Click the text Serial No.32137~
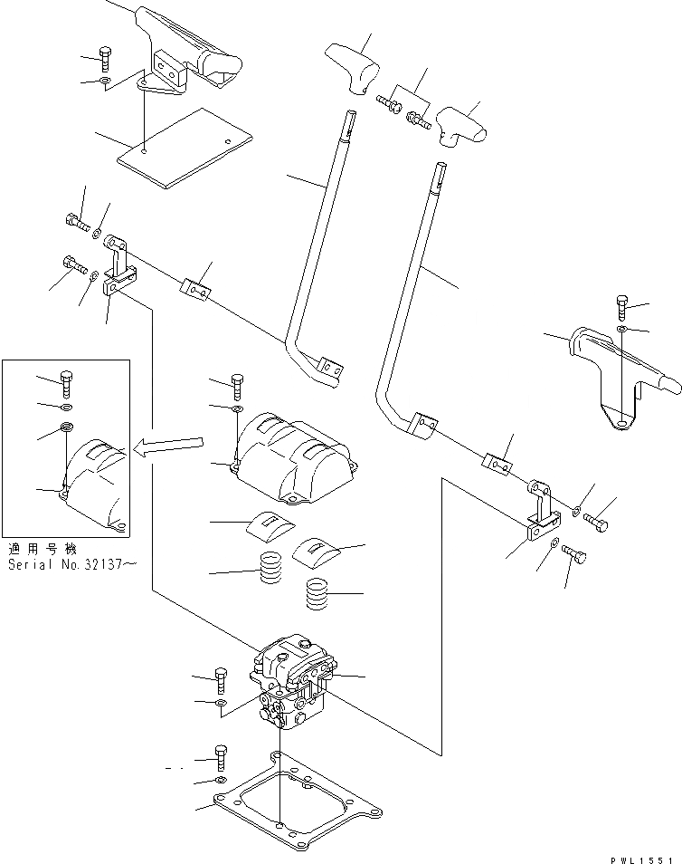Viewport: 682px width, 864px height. [x=71, y=563]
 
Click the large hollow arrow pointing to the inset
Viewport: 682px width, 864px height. [x=172, y=444]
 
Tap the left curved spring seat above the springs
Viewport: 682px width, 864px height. [x=270, y=524]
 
